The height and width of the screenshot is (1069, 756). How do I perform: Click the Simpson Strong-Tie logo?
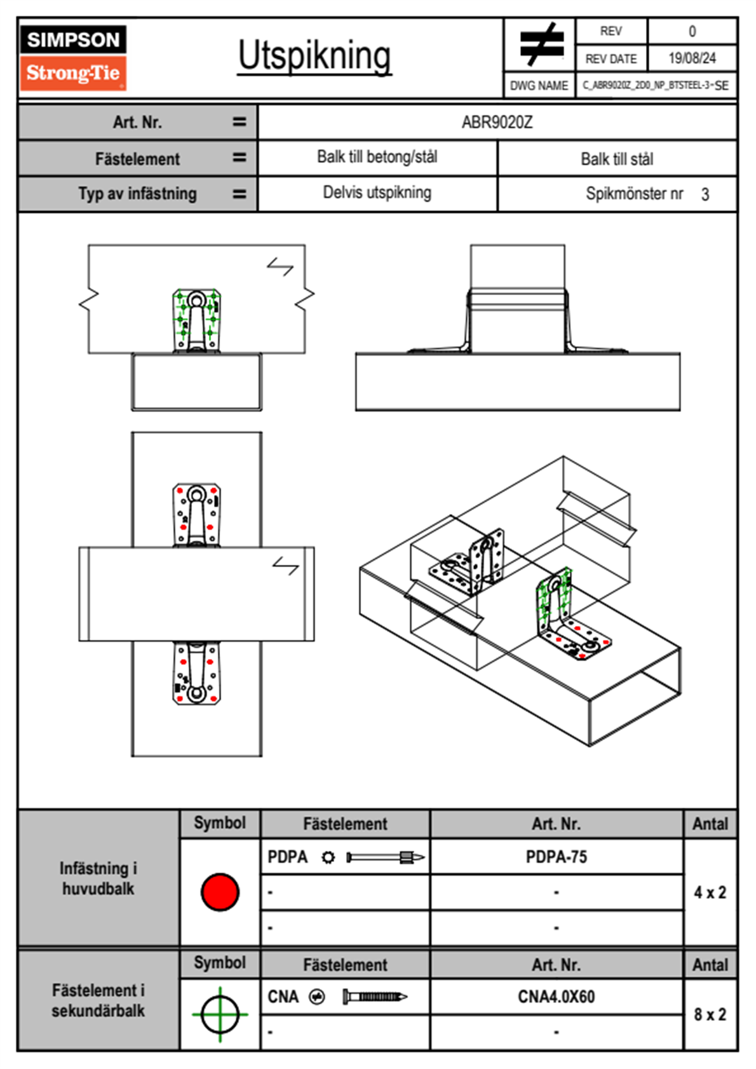click(x=73, y=58)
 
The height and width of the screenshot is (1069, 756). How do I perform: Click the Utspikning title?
click(x=314, y=56)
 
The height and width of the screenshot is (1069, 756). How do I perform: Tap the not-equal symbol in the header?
click(x=540, y=44)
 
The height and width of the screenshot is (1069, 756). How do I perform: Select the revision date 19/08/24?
click(x=692, y=58)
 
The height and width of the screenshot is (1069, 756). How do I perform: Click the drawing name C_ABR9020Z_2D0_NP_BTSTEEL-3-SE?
click(x=656, y=85)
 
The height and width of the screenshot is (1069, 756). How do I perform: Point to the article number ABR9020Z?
click(x=497, y=122)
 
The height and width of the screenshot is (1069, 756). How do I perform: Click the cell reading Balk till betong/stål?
click(x=377, y=157)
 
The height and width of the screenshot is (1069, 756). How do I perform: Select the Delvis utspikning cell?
click(x=377, y=193)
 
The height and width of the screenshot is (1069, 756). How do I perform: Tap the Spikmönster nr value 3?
click(x=705, y=194)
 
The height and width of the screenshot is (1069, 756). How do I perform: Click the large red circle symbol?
click(x=220, y=892)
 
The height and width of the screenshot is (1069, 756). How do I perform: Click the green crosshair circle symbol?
click(x=220, y=1014)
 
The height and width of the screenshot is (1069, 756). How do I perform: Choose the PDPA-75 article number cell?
click(x=557, y=857)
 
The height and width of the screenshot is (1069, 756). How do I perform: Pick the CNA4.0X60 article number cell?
click(x=557, y=997)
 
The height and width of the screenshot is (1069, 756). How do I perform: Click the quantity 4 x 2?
click(x=710, y=892)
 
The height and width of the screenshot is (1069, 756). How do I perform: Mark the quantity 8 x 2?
click(x=710, y=1014)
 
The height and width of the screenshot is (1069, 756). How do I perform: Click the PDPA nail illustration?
click(x=385, y=857)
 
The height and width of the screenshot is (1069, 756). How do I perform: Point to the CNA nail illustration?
click(x=375, y=997)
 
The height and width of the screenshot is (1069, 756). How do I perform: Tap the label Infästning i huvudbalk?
click(x=98, y=878)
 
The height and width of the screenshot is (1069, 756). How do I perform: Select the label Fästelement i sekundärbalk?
click(x=98, y=1000)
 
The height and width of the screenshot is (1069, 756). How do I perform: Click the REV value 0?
click(x=692, y=31)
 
